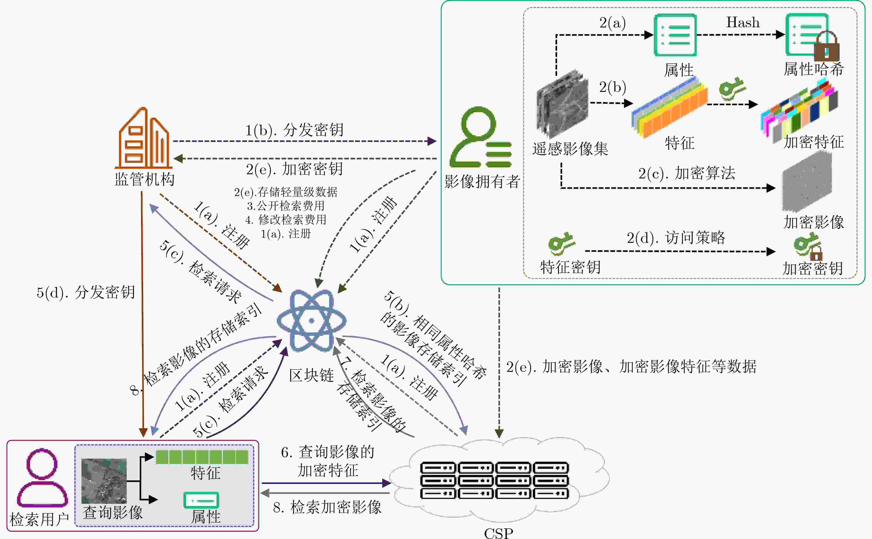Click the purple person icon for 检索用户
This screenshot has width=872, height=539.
coord(42,478)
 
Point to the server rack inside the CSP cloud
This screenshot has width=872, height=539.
coord(494,481)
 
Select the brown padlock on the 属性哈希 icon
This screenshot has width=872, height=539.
coord(826,46)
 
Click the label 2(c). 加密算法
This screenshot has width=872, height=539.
coord(687,173)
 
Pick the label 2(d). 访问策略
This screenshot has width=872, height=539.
coord(676,238)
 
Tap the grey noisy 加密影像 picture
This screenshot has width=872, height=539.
coord(807,182)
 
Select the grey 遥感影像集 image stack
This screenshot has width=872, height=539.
coord(562,103)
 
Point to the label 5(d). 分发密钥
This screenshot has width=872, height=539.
coord(86,292)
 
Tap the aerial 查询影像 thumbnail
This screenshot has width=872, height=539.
coord(104,481)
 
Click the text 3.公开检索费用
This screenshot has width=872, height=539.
coord(286,206)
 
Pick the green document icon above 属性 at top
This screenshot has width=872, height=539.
coord(675,35)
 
